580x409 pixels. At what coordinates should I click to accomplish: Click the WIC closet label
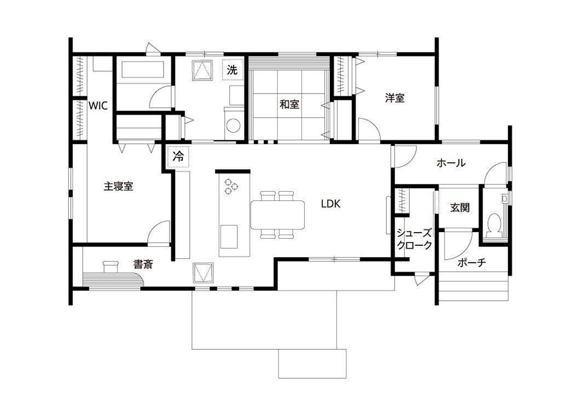98,106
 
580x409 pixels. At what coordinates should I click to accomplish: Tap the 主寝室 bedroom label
118,186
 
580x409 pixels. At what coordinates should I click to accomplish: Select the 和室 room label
289,105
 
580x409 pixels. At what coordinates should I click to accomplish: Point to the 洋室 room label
395,98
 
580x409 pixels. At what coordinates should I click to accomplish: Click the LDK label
330,204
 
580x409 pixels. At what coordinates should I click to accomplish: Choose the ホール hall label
451,163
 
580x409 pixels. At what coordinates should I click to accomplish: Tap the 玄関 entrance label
460,208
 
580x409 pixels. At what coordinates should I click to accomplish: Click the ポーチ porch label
472,263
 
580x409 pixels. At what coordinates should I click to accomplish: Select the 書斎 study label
143,264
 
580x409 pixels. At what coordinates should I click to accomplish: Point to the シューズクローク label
414,239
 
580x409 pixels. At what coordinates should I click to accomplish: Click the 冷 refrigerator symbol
178,157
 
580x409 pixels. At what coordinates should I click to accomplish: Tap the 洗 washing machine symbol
233,70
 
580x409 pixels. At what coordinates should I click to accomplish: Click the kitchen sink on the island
229,237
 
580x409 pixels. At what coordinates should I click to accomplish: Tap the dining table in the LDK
278,215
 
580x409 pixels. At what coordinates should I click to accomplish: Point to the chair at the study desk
110,266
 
